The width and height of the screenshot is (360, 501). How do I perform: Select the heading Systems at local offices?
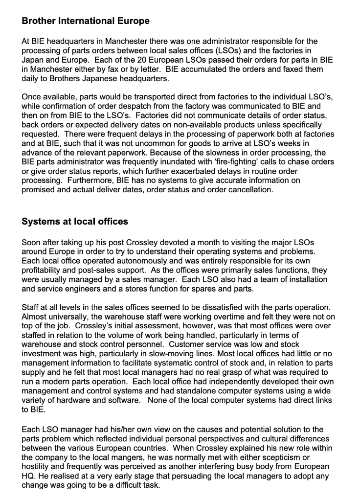[x=75, y=222]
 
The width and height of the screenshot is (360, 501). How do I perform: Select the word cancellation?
[x=247, y=190]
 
